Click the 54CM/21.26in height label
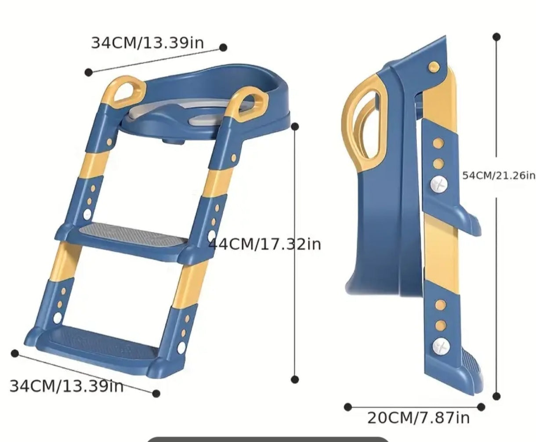tap(499, 176)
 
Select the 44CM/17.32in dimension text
tap(264, 244)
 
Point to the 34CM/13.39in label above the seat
tap(147, 43)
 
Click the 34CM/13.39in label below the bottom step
tap(66, 386)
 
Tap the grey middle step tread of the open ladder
tap(134, 234)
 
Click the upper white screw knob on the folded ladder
tap(439, 184)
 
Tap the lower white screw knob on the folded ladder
tap(441, 346)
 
